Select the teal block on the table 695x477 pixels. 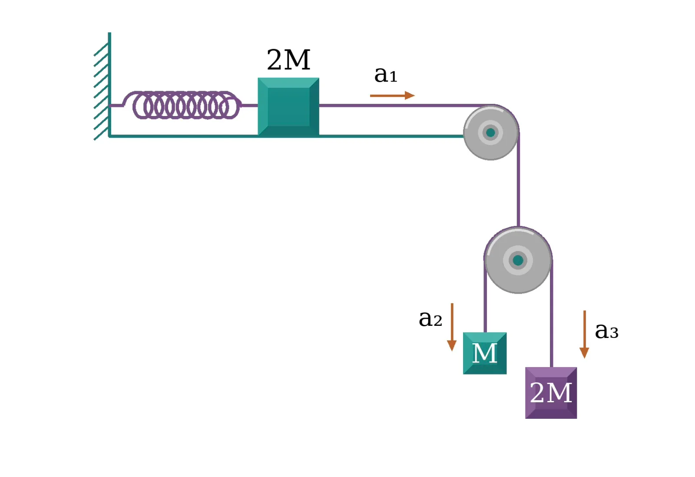pyautogui.click(x=288, y=107)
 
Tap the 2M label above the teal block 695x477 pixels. pyautogui.click(x=288, y=60)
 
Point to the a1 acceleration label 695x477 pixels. pyautogui.click(x=386, y=75)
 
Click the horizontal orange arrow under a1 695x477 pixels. pyautogui.click(x=393, y=96)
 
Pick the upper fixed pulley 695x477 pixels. pyautogui.click(x=491, y=132)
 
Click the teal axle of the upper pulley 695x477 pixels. pyautogui.click(x=490, y=132)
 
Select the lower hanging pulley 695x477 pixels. pyautogui.click(x=518, y=260)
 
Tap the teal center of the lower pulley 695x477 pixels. pyautogui.click(x=518, y=260)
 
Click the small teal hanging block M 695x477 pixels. pyautogui.click(x=485, y=353)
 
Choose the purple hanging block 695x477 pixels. pyautogui.click(x=551, y=393)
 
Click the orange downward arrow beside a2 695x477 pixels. pyautogui.click(x=452, y=327)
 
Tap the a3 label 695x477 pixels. pyautogui.click(x=606, y=331)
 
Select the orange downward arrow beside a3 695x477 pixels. pyautogui.click(x=585, y=334)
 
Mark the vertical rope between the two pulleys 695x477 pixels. pyautogui.click(x=519, y=180)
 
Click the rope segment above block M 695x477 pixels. pyautogui.click(x=485, y=296)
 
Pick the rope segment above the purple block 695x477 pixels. pyautogui.click(x=551, y=314)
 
